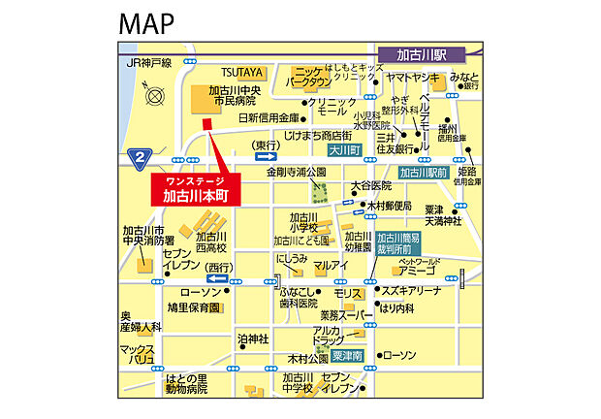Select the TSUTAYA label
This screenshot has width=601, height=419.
(241, 72)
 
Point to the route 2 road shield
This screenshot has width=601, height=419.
(141, 155)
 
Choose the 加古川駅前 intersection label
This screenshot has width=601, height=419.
(422, 174)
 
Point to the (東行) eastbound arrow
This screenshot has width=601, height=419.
(267, 151)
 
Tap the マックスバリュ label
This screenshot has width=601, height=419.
(138, 353)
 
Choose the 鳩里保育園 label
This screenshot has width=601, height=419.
(194, 307)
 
